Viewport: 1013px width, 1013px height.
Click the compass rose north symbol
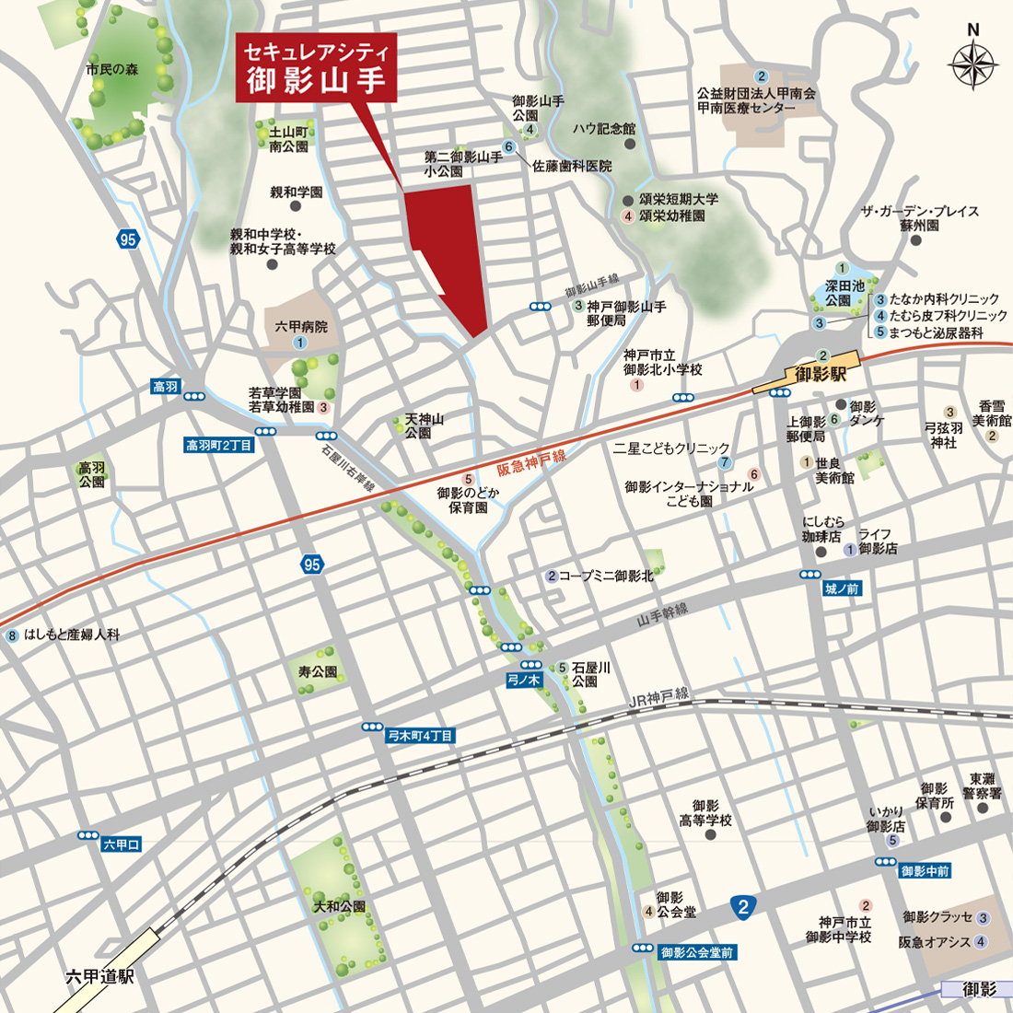(x=974, y=61)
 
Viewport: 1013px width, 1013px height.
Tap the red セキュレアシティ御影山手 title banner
(x=318, y=67)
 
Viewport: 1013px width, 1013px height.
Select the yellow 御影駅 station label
(x=821, y=374)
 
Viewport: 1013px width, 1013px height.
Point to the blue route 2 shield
(x=744, y=907)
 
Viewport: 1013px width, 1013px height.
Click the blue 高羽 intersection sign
(x=166, y=387)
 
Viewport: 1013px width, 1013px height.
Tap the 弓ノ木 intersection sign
(x=524, y=681)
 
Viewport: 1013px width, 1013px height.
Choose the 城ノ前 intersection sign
(x=842, y=588)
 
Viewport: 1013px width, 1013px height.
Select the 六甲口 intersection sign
(x=121, y=844)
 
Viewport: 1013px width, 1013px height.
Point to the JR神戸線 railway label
(x=658, y=697)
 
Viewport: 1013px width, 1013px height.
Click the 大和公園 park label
(x=340, y=907)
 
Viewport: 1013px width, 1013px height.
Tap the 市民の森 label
(x=112, y=69)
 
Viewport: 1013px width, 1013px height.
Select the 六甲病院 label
(x=301, y=327)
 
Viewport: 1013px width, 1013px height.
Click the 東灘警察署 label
(x=982, y=786)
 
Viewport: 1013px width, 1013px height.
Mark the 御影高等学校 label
(x=705, y=813)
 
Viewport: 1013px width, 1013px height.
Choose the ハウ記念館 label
(x=603, y=129)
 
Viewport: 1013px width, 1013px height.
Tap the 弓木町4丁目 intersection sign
(x=420, y=736)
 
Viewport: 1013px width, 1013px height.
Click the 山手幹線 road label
(x=662, y=615)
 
